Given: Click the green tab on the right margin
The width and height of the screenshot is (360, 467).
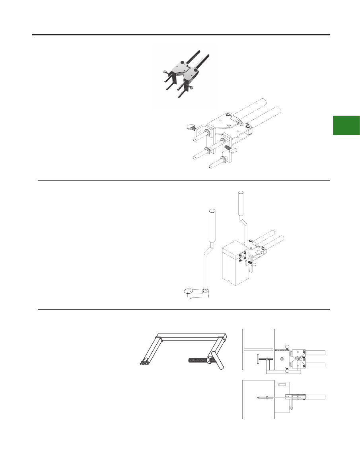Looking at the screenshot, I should (x=346, y=125).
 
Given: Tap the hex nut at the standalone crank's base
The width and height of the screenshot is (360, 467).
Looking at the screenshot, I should (x=204, y=289).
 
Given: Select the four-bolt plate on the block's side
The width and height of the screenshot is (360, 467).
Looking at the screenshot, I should (x=241, y=258).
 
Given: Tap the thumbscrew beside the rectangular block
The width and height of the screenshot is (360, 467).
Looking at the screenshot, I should (x=252, y=263).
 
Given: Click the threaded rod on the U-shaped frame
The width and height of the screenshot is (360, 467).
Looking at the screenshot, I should (x=197, y=361).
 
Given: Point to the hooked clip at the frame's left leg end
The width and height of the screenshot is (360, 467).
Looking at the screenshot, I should (x=144, y=362).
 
